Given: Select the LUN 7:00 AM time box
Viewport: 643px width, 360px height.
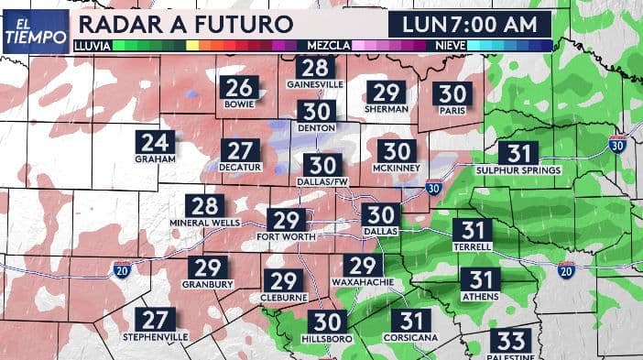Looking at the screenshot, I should coord(468,23).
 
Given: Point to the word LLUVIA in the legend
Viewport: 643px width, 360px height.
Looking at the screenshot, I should coord(93,44).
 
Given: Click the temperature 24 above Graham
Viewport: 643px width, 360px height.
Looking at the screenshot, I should coord(155,142).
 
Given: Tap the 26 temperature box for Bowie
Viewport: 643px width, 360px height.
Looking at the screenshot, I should coord(239,88).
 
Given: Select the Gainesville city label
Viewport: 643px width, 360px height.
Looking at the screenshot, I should coord(314,84).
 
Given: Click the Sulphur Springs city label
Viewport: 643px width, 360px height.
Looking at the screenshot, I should coord(518,169).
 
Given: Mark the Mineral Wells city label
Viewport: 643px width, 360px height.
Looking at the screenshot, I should coord(205,223).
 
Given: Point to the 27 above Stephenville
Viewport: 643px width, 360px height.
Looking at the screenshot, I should coord(155,320).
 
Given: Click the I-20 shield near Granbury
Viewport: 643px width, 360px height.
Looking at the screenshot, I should coord(122,268).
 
